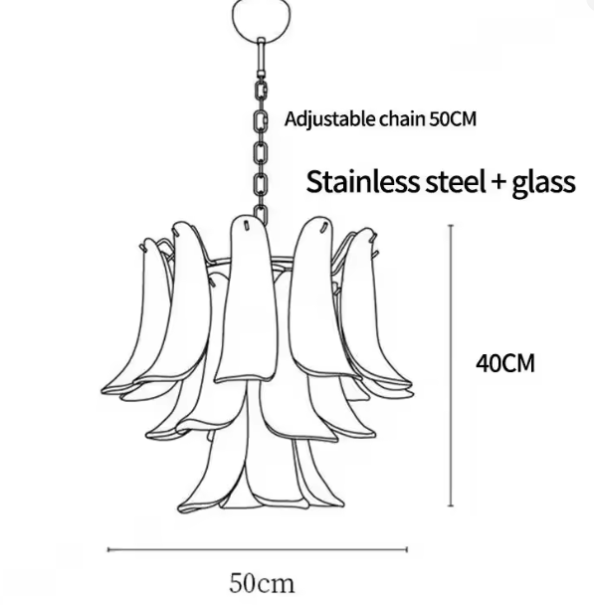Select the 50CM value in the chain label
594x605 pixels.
coord(453,119)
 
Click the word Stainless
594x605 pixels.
coord(362,182)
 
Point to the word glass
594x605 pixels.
coord(543,184)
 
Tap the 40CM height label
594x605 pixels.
coord(504,363)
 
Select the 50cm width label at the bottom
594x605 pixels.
coord(262,583)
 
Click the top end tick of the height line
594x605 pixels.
coord(451,225)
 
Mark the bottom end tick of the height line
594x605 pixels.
coord(451,505)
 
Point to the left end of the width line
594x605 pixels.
coord(108,549)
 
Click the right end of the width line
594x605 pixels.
coord(407,549)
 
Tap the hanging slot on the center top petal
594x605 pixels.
coord(246,224)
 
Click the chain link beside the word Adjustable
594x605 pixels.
coord(261,120)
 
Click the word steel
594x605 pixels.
coord(455,182)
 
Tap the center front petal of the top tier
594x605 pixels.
coord(247,298)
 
